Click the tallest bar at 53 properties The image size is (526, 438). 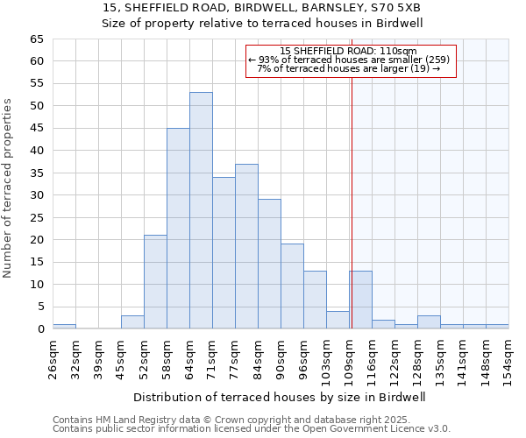(201, 210)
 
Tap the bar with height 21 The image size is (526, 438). (155, 281)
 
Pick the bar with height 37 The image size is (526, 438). (246, 246)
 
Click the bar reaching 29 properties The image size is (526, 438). (269, 264)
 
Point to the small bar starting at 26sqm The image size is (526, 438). (64, 326)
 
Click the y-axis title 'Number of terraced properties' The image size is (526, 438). (8, 187)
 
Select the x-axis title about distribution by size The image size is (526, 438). (280, 397)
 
